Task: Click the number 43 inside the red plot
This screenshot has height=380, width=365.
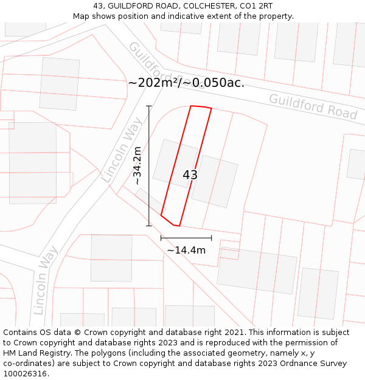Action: pos(190,175)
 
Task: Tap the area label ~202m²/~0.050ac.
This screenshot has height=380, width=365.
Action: pos(186,83)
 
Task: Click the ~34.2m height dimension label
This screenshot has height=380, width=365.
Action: pos(138,165)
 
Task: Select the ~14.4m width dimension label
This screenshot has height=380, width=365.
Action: pos(186,250)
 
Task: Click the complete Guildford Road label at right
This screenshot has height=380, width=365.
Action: pos(313,106)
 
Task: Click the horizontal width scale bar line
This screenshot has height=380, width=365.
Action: pos(186,238)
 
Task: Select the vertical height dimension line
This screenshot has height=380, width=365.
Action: pos(149,165)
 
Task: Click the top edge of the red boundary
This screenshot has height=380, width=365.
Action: pos(201,107)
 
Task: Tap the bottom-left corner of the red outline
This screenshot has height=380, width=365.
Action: pos(161,215)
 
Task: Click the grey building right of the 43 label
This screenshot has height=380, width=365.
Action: pos(214,181)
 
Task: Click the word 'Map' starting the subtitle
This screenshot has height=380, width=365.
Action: pos(81,16)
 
